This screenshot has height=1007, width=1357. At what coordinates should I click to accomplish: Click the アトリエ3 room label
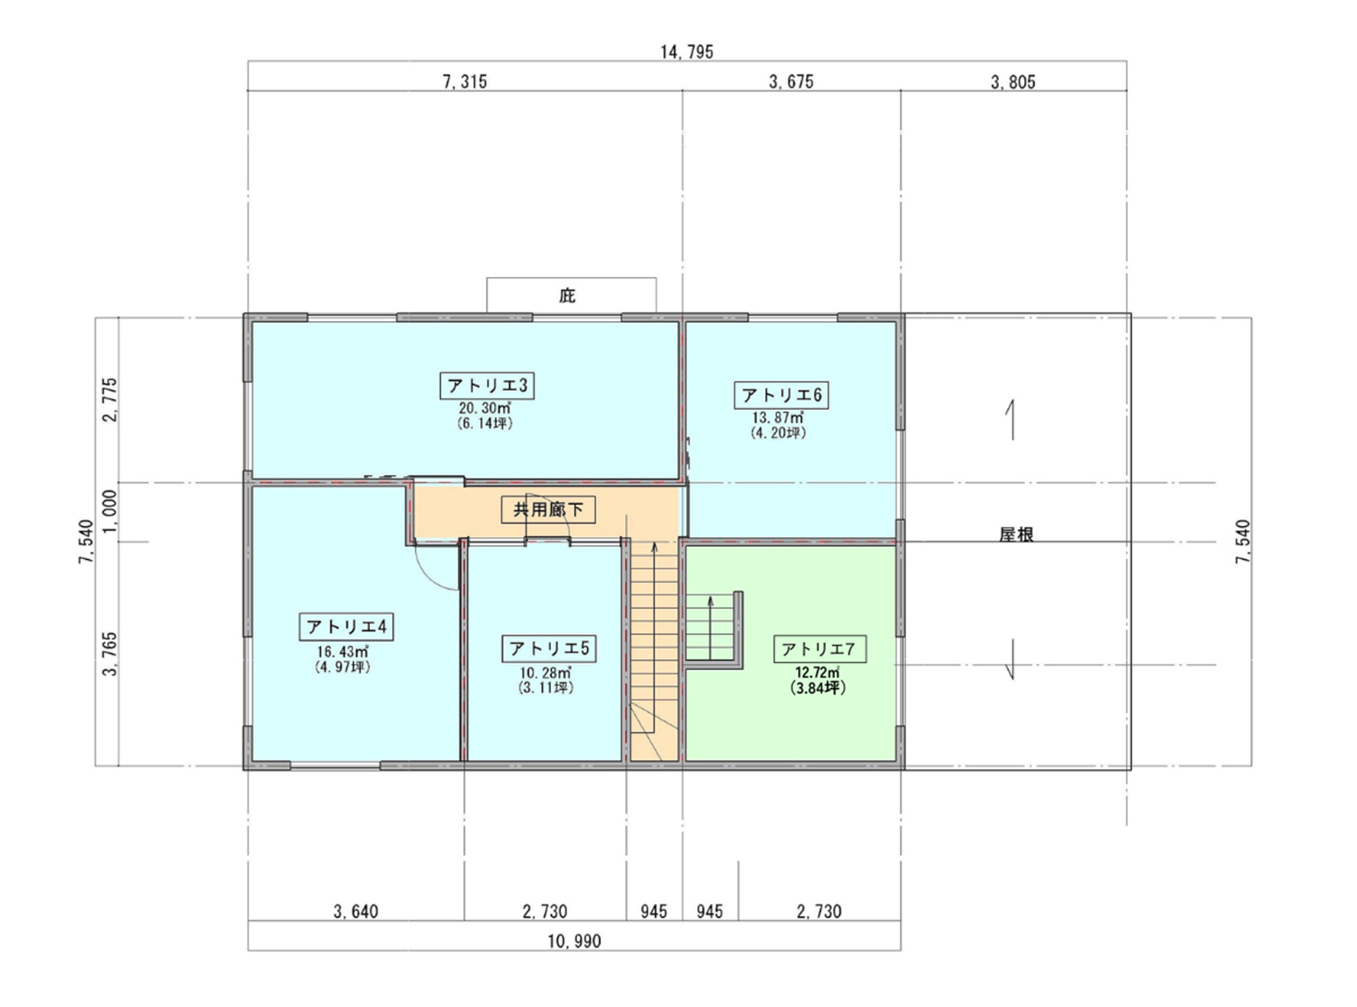487,386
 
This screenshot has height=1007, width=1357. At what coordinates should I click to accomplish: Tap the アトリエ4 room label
346,627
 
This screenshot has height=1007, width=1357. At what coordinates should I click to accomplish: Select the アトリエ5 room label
549,649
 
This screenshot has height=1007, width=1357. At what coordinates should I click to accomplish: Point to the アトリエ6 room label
781,395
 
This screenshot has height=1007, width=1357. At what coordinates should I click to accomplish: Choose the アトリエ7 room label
819,650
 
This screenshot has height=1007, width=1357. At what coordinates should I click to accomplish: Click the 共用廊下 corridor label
548,510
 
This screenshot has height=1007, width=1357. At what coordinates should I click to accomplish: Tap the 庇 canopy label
567,296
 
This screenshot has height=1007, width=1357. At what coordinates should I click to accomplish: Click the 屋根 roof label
1016,535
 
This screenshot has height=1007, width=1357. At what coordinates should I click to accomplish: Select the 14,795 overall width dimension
687,52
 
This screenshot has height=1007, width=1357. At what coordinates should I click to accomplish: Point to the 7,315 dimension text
465,82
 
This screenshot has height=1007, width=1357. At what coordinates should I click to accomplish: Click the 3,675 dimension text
791,82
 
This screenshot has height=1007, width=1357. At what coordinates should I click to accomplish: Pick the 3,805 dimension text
1013,82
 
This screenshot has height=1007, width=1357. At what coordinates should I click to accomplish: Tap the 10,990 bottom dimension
574,942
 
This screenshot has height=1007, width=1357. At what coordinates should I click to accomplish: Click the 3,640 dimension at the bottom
356,912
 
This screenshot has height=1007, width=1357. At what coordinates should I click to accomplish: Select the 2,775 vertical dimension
110,400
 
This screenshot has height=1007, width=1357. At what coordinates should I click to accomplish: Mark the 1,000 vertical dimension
110,511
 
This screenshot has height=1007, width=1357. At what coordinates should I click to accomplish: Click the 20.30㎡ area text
485,409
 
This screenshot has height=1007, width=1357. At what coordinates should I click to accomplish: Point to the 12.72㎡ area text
817,673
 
